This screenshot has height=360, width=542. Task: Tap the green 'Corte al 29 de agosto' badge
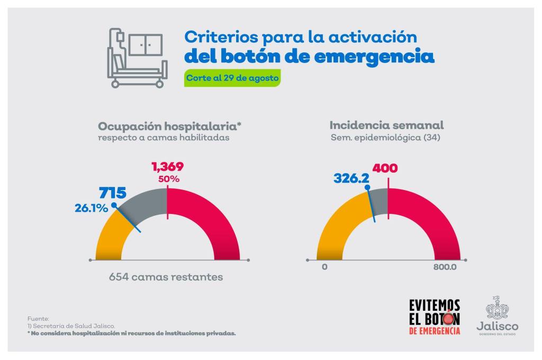[232, 78]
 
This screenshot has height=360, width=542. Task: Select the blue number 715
[113, 193]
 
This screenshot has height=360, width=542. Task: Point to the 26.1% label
[91, 208]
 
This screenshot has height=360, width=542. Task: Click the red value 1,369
[167, 167]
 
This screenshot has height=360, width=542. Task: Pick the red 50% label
[169, 179]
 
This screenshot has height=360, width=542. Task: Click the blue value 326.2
[351, 179]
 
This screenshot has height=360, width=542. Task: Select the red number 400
[385, 169]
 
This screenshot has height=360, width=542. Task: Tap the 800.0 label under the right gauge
[445, 267]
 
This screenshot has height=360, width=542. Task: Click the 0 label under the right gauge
[324, 267]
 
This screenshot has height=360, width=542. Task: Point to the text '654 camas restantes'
[166, 277]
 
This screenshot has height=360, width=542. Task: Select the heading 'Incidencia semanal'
[386, 125]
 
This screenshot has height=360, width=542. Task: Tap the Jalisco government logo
[497, 316]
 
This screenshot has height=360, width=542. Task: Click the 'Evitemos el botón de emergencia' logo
[435, 317]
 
